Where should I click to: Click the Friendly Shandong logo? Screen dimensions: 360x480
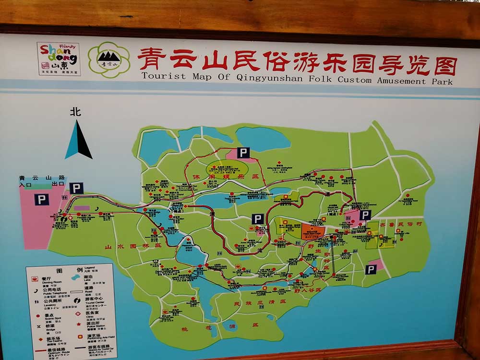click(x=59, y=59)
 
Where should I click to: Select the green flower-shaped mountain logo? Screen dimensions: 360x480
click(x=109, y=60)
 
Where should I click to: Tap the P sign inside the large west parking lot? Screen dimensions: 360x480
click(x=42, y=200)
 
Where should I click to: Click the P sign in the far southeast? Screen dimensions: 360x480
click(x=370, y=270)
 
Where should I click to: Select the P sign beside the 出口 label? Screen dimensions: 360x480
click(x=76, y=188)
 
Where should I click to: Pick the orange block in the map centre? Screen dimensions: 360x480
click(x=313, y=231)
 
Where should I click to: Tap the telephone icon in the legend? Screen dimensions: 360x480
click(x=36, y=290)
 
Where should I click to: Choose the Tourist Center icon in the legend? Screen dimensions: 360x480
click(x=77, y=300)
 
